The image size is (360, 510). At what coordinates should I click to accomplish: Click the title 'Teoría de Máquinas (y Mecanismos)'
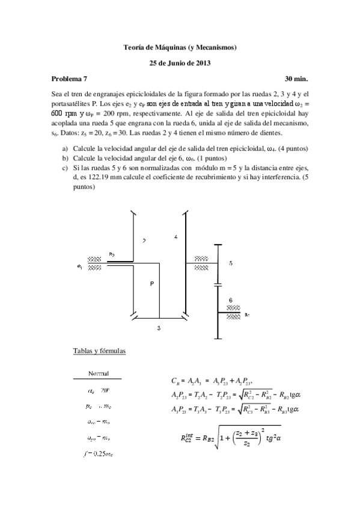tap(180, 46)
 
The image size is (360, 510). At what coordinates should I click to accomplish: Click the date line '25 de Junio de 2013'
tap(180, 62)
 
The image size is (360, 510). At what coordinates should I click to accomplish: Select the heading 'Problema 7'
tap(69, 78)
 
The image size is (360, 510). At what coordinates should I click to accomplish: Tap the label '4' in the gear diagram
tap(175, 238)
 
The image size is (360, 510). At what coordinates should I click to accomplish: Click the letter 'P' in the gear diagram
tap(153, 284)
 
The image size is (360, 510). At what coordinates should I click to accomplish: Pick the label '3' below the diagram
tap(159, 328)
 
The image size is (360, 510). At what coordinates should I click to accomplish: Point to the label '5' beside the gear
tap(231, 263)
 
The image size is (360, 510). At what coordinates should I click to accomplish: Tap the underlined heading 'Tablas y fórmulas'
tap(99, 350)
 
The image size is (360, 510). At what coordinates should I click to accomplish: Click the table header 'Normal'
tap(98, 373)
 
